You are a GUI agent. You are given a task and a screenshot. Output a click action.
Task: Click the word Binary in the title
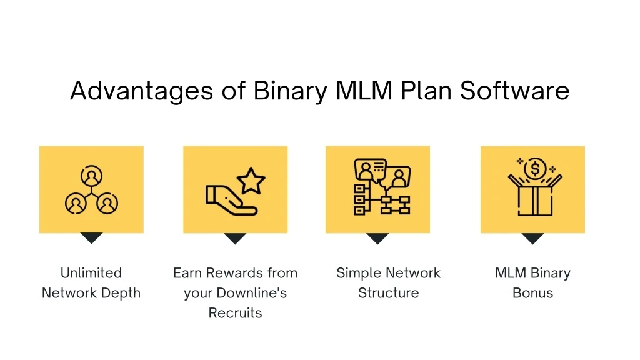pyautogui.click(x=290, y=91)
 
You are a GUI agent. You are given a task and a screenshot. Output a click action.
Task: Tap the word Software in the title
pyautogui.click(x=515, y=91)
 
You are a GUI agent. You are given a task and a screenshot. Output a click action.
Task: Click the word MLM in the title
pyautogui.click(x=364, y=91)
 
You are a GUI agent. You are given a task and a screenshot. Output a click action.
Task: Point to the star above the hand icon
pyautogui.click(x=251, y=181)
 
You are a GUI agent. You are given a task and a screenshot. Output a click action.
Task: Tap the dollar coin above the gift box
pyautogui.click(x=535, y=168)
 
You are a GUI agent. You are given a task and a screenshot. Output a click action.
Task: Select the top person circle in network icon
pyautogui.click(x=91, y=176)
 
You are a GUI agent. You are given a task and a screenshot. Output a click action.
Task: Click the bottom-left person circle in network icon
pyautogui.click(x=76, y=203)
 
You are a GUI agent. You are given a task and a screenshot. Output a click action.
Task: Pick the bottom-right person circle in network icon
pyautogui.click(x=107, y=203)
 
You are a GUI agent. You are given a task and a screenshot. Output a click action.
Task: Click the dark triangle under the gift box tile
pyautogui.click(x=532, y=238)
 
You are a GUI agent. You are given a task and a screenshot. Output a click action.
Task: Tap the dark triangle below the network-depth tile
pyautogui.click(x=91, y=238)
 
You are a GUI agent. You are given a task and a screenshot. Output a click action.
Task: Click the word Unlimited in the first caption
pyautogui.click(x=91, y=272)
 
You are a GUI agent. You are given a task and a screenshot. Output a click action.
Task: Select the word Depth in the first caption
pyautogui.click(x=121, y=294)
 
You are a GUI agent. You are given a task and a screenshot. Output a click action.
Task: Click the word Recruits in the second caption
pyautogui.click(x=235, y=313)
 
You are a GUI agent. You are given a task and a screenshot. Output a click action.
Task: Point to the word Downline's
pyautogui.click(x=252, y=293)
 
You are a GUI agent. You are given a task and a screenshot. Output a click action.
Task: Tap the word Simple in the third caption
pyautogui.click(x=359, y=274)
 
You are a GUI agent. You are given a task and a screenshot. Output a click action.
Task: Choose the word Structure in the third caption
pyautogui.click(x=389, y=293)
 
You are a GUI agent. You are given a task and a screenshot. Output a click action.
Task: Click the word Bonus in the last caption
pyautogui.click(x=532, y=293)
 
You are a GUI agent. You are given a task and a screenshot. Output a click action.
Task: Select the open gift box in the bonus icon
pyautogui.click(x=535, y=196)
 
